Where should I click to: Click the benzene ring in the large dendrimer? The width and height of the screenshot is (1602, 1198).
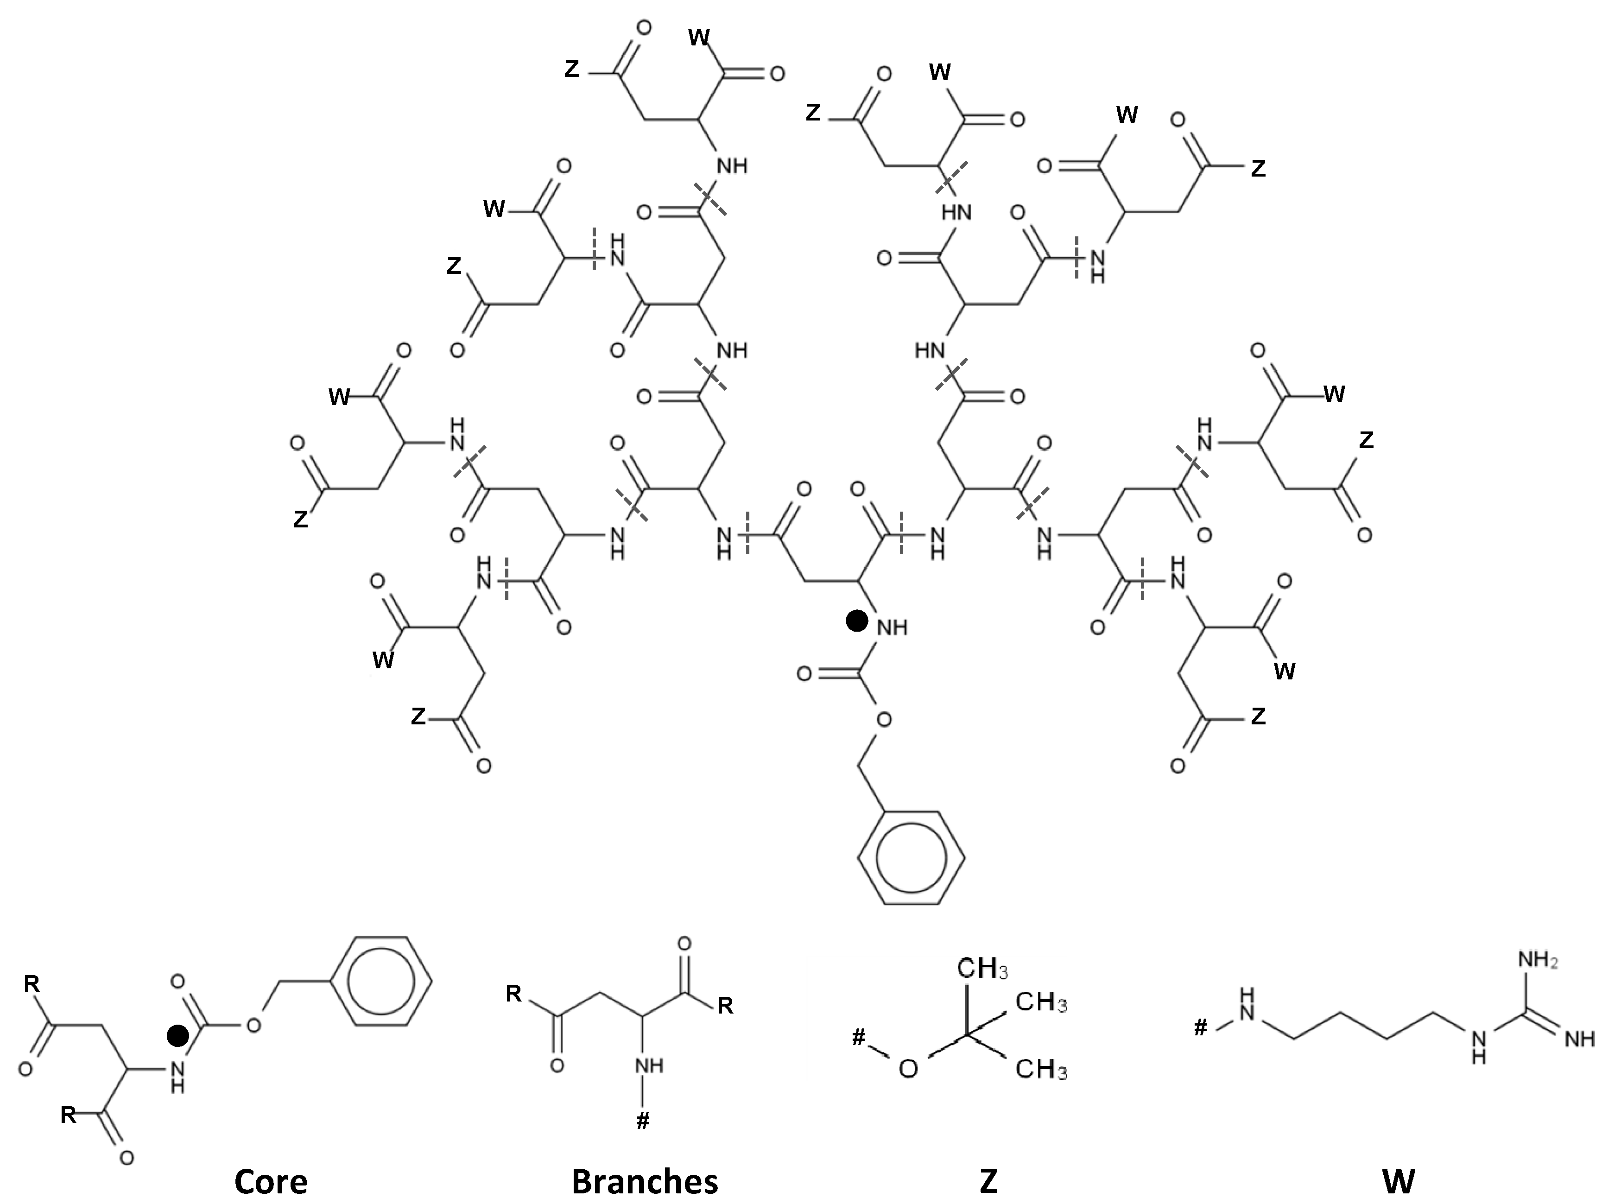coord(911,857)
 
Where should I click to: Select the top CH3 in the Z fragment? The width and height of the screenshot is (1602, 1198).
coord(983,969)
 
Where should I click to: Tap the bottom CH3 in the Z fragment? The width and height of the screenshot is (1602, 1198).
coord(1041,1069)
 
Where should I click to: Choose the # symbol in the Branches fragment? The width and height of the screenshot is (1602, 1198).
coord(642,1122)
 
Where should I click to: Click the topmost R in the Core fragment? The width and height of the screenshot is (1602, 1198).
coord(32,983)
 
